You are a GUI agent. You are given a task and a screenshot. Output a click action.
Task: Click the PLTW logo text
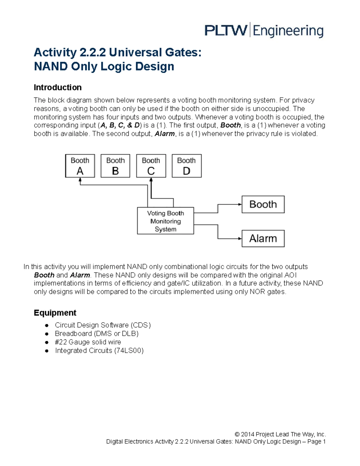coord(226,31)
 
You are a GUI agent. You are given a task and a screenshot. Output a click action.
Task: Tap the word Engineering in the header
coord(288,31)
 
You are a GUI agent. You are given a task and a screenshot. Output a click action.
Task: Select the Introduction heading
coord(58,87)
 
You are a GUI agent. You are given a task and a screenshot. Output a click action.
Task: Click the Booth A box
coord(80,166)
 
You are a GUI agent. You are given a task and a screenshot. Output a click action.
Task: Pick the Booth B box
coord(115,166)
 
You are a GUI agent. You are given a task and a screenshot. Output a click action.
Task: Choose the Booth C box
coord(151,166)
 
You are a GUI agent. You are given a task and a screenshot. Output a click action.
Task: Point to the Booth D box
coord(187,166)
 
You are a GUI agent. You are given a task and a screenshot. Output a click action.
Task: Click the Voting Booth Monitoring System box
coord(165,221)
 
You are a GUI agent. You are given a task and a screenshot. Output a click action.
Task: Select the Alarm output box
coord(263,239)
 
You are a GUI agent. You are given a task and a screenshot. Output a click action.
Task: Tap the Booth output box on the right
coord(263,204)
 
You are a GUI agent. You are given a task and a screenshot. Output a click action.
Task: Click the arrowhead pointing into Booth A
coord(80,179)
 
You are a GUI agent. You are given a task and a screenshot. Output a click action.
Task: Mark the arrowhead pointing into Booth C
coord(151,179)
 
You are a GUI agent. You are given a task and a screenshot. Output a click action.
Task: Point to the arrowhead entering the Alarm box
coord(240,239)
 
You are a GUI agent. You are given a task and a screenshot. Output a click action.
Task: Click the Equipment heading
coord(55,313)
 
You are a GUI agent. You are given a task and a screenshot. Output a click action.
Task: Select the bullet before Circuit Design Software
coord(46,325)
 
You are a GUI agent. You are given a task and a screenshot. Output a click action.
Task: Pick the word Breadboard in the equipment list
coord(73,334)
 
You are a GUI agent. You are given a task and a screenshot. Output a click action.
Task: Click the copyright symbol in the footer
coord(237,434)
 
